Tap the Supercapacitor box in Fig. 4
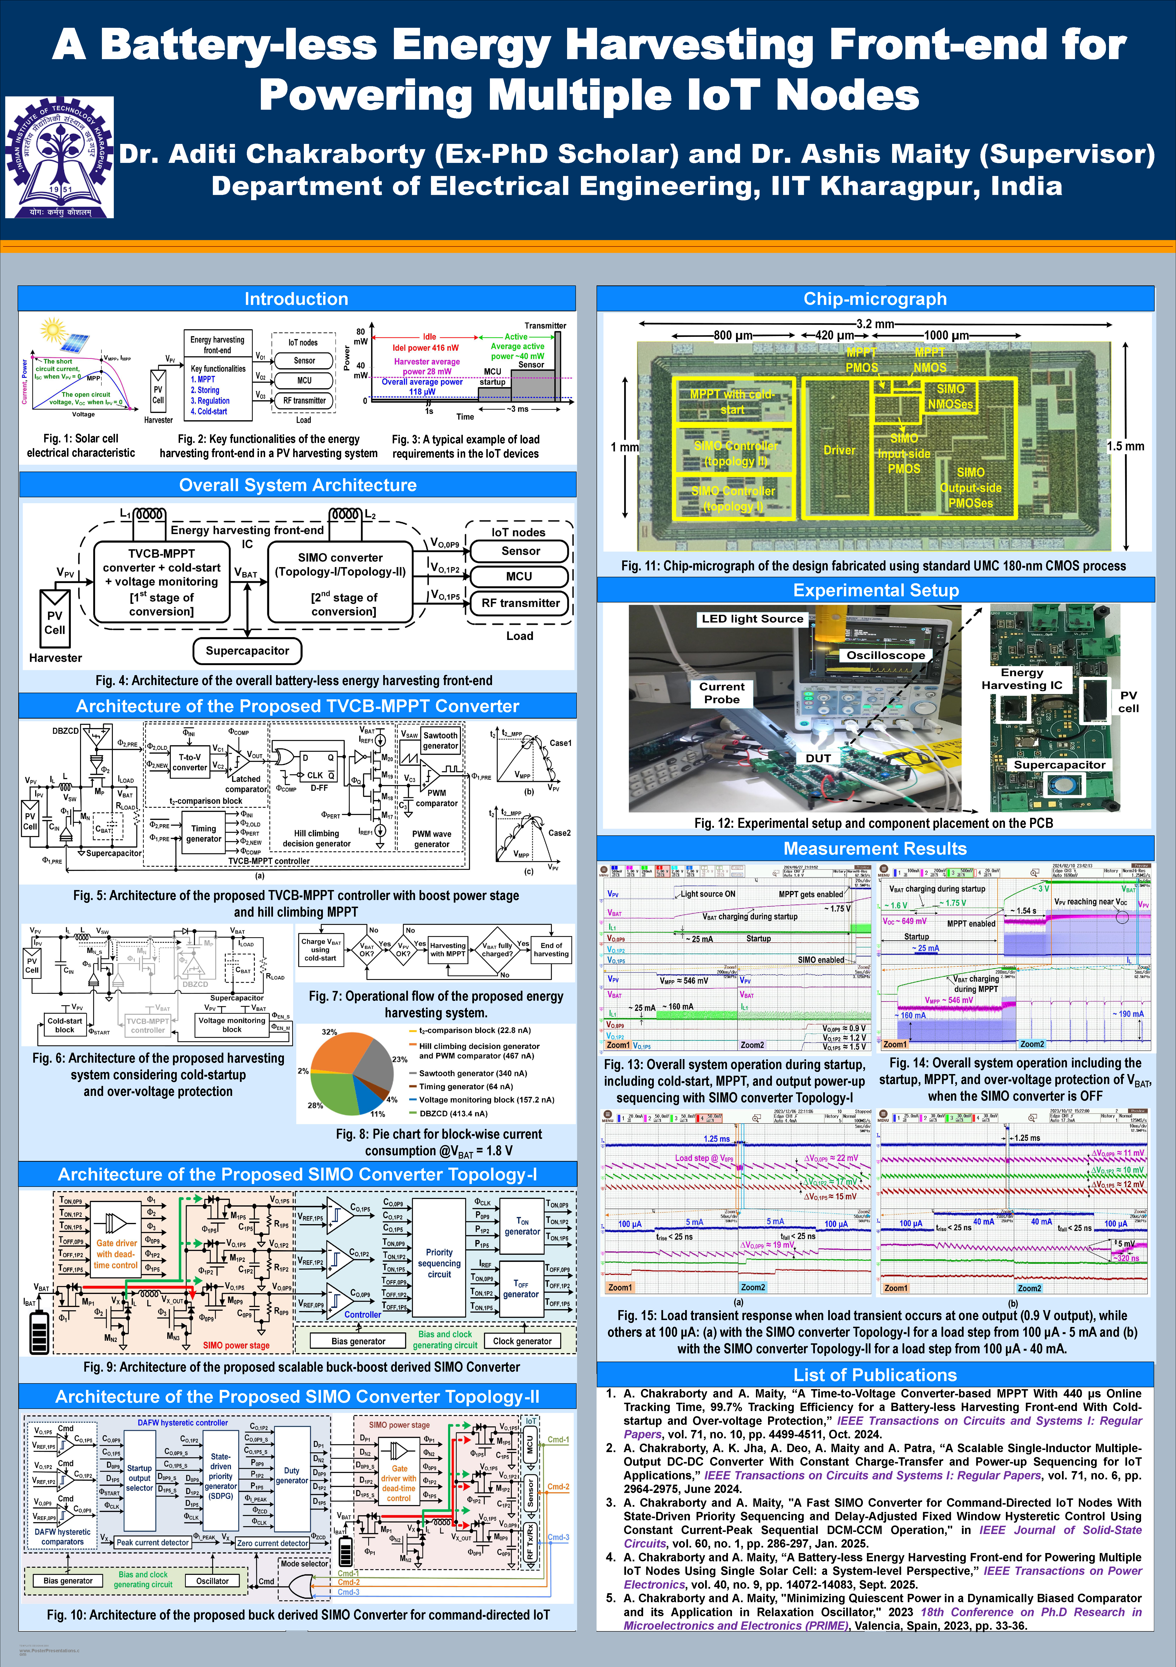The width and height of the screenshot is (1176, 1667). (x=247, y=651)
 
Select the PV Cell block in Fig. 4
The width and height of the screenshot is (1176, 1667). (x=54, y=622)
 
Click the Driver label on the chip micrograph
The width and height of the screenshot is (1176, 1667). (x=839, y=450)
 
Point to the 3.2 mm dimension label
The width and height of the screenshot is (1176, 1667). (x=875, y=324)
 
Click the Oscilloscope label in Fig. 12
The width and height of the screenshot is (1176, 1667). (x=885, y=655)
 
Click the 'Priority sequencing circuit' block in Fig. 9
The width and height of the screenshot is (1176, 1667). (x=439, y=1263)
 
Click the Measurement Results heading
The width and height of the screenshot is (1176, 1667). (x=875, y=849)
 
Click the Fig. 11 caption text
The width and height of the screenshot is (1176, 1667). (x=873, y=566)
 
